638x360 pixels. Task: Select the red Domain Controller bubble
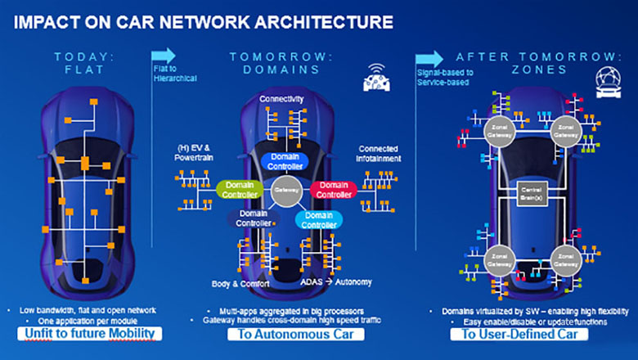[x=332, y=190]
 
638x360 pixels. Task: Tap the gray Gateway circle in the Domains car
[x=285, y=188]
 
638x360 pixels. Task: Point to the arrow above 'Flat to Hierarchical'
[x=164, y=55]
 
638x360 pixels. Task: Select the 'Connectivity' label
[x=282, y=98]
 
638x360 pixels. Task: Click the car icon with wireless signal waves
[x=376, y=79]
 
